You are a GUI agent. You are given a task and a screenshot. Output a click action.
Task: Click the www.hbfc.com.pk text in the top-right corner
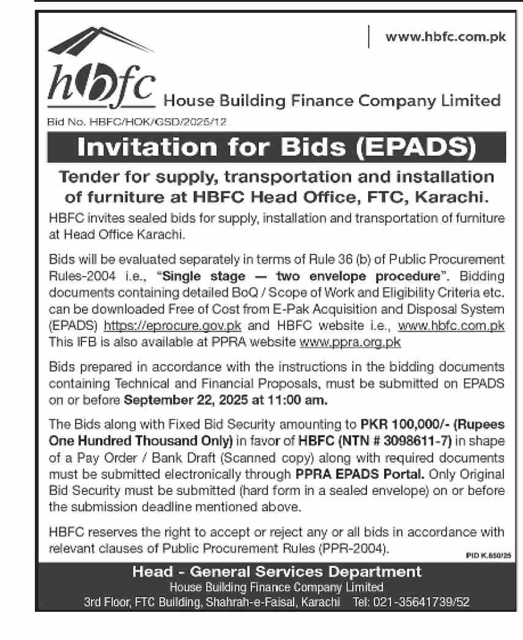(445, 37)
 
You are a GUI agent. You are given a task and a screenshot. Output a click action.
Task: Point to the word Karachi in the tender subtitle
(452, 197)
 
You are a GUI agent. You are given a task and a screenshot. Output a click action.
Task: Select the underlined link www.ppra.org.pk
(350, 341)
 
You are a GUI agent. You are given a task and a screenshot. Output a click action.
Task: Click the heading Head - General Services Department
(277, 572)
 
